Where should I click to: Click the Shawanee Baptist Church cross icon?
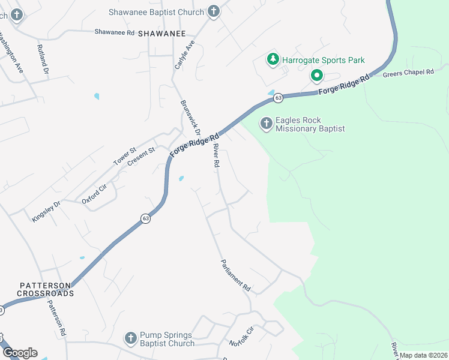tap(213, 11)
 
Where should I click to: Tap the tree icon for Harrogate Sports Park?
tap(273, 60)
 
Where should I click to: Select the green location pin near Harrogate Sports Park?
tap(316, 76)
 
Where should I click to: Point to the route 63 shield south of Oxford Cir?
tap(146, 219)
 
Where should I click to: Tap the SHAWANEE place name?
tap(162, 34)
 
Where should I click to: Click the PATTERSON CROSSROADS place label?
tap(45, 289)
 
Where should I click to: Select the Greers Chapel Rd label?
tap(408, 72)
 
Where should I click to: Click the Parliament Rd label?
tap(235, 276)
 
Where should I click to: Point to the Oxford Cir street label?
tap(94, 194)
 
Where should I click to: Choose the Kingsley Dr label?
tap(46, 212)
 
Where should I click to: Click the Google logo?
tap(20, 353)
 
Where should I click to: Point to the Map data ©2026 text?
tap(423, 355)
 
